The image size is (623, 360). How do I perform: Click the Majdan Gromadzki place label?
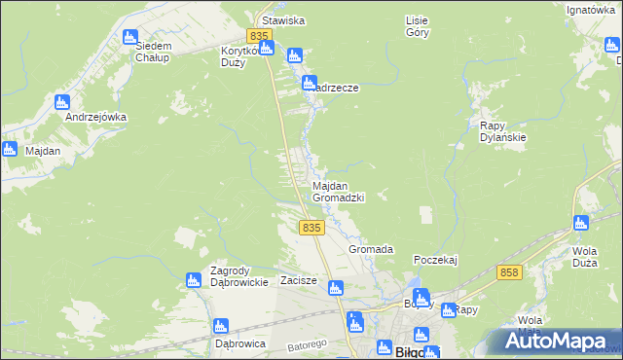coord(338,191)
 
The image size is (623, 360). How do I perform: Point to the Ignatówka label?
coord(591,10)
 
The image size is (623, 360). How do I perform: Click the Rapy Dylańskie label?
coord(503,131)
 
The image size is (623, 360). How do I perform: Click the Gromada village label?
coord(371,250)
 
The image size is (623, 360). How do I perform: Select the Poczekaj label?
coord(435,260)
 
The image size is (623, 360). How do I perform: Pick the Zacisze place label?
coord(299,280)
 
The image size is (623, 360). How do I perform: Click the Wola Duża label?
coord(584,255)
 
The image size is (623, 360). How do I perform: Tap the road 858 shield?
coord(507,272)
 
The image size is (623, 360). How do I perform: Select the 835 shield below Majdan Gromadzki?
coord(311,227)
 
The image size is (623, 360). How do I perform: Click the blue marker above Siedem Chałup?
coord(130,37)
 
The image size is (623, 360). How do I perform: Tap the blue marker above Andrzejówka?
coord(62,101)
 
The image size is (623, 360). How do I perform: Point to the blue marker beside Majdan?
coord(10,149)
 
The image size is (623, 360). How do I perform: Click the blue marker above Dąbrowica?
coord(221,327)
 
